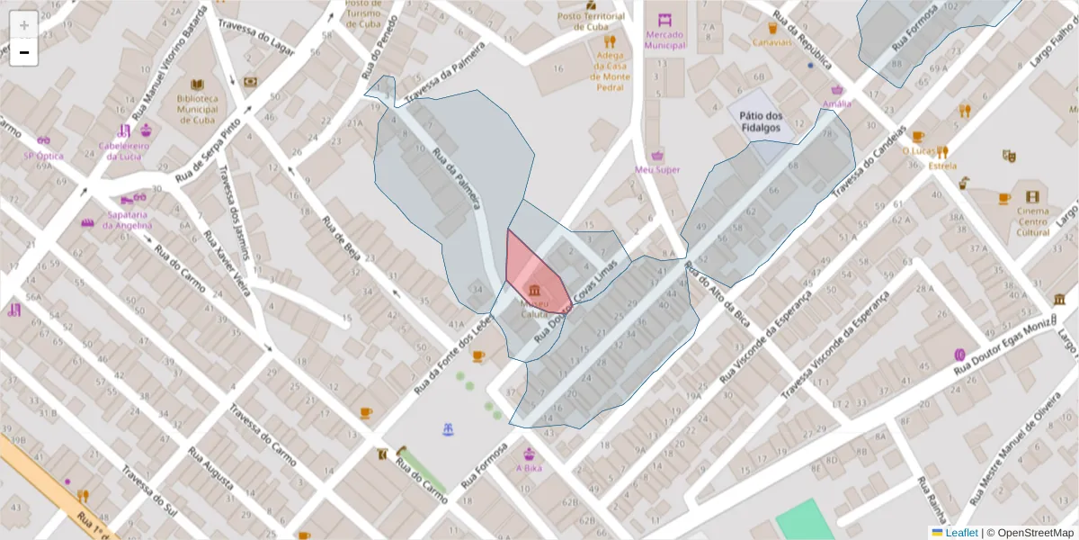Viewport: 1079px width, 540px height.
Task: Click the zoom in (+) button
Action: [x=23, y=25]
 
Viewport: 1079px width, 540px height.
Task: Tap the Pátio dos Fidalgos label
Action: [x=761, y=121]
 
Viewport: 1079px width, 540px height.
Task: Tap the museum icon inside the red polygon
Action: [x=536, y=290]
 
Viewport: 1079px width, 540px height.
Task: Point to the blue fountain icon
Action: [x=448, y=430]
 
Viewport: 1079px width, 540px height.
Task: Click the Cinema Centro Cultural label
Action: [x=1032, y=220]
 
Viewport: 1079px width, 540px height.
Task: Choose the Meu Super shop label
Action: [x=657, y=169]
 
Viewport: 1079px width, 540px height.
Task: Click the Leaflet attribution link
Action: [x=961, y=533]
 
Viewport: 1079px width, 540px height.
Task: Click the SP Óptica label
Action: [x=43, y=156]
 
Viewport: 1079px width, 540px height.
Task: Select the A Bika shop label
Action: [x=529, y=468]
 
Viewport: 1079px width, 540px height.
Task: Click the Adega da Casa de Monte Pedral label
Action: [x=610, y=71]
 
